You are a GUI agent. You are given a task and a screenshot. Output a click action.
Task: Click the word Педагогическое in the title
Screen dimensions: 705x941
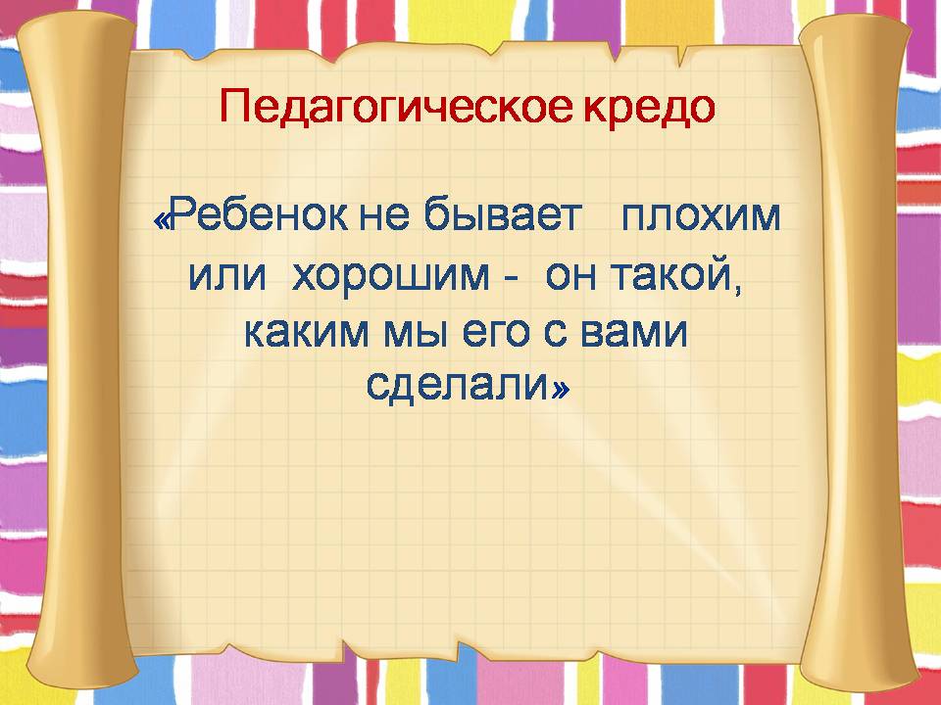[386, 107]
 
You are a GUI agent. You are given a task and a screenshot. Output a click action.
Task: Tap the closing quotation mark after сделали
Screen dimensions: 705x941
[560, 391]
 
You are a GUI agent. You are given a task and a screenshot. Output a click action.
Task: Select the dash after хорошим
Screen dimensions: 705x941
[509, 279]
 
